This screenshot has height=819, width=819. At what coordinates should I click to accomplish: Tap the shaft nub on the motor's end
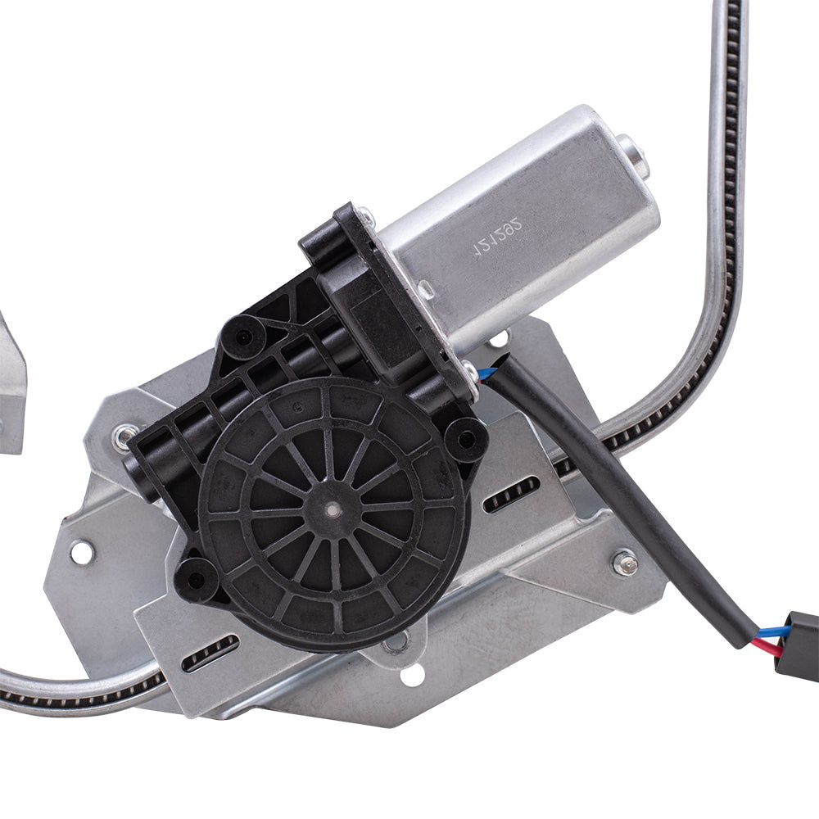633,155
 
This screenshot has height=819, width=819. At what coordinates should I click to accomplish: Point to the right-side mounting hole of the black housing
468,439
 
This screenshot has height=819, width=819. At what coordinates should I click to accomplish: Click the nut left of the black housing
124,438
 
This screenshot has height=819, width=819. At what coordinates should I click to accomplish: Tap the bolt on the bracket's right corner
624,562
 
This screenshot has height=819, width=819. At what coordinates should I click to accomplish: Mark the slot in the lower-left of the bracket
210,654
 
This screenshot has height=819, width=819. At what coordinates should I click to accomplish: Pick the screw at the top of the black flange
365,216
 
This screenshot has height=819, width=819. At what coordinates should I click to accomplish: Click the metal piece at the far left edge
11,385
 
